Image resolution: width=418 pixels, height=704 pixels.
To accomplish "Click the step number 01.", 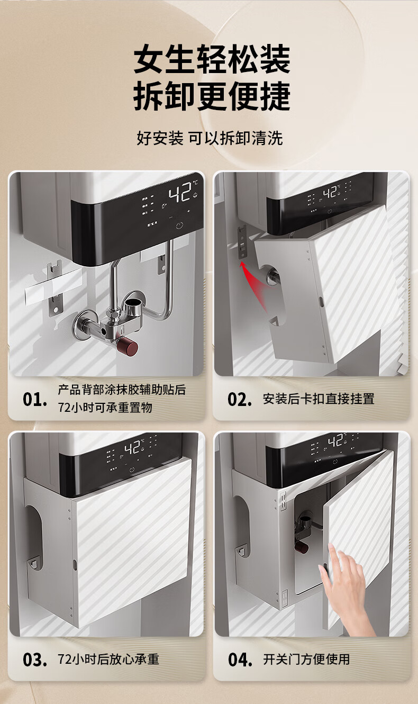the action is [35, 400].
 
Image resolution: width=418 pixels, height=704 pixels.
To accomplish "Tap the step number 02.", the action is [240, 400].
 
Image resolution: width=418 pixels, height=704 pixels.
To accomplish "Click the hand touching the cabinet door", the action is [346, 594].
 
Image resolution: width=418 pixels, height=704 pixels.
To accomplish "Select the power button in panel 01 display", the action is [179, 225].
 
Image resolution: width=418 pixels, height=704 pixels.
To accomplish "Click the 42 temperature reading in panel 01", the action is [180, 192].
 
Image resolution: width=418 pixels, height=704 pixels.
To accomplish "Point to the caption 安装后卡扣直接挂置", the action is [319, 399].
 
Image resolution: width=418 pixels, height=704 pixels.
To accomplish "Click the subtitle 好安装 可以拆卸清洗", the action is [210, 138].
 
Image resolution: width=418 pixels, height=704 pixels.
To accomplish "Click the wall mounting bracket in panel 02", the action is [242, 242].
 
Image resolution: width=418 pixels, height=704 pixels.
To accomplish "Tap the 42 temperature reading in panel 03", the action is [132, 448].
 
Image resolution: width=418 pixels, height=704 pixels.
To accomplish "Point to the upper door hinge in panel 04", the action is [283, 501].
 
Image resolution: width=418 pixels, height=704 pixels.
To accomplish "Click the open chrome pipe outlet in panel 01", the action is [132, 304].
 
